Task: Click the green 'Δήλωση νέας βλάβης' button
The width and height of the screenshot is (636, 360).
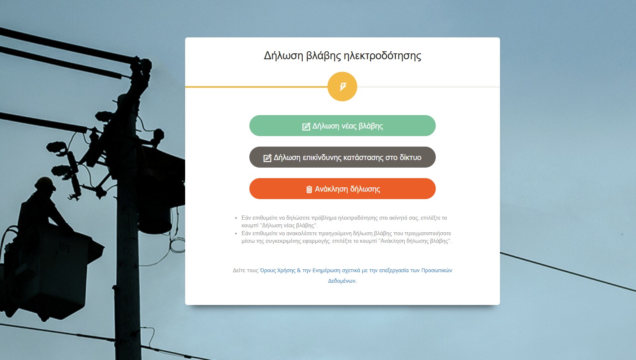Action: pos(343,126)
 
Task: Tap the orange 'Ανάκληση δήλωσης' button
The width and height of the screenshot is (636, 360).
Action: pos(343,189)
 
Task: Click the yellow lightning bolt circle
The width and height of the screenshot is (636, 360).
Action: pos(343,87)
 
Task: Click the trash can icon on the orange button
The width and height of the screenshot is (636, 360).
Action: pos(309,189)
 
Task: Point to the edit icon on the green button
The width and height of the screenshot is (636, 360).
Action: pos(306,126)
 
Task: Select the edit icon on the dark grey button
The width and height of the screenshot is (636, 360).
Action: pos(267,158)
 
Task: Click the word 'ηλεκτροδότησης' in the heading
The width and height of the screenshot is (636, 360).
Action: pos(382,56)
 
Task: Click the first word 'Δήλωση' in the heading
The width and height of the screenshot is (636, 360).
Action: pos(283,56)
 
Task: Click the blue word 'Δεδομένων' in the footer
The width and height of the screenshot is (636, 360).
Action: pos(342,281)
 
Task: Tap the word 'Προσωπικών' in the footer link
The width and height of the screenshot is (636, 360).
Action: pos(437,270)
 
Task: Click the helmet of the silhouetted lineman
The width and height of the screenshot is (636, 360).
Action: pos(45,183)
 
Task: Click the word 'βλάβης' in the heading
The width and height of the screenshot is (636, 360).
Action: pos(323,56)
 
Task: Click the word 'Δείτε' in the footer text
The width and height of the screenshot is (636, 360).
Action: pos(239,270)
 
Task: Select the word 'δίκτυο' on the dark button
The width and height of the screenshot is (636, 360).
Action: pos(411,158)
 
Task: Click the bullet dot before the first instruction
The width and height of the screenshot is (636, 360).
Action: pos(236,218)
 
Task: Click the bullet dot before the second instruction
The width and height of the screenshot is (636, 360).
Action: pos(236,233)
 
